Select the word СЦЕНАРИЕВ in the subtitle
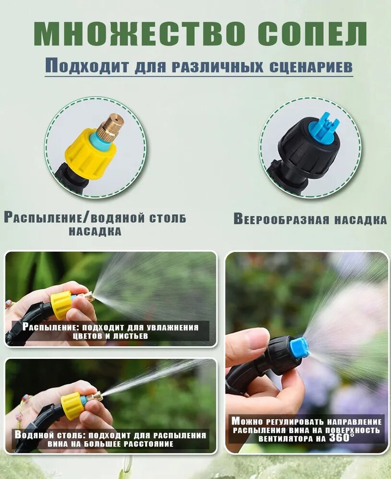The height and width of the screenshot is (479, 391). point(311,67)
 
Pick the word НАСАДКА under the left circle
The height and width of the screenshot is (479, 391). point(95,231)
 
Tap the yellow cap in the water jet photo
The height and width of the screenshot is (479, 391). point(72,405)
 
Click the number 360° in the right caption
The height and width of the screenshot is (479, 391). point(342,438)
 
